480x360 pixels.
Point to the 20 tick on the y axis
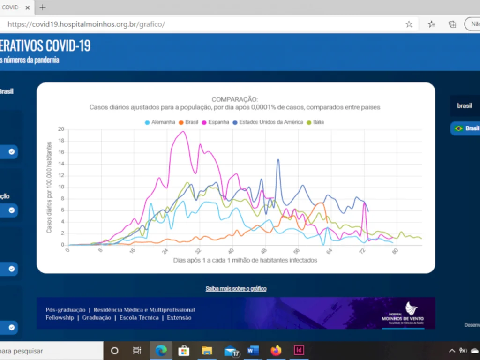[61, 129]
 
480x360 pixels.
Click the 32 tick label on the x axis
[198, 251]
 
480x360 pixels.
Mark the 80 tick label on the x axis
[396, 251]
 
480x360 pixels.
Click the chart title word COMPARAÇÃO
[235, 99]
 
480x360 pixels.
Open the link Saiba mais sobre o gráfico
[236, 289]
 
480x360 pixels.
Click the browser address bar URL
[86, 24]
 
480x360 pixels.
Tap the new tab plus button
[43, 7]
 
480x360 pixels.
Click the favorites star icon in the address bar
[409, 24]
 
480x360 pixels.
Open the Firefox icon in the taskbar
[276, 351]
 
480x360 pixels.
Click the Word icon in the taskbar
[253, 351]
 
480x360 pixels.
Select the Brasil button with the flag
[466, 128]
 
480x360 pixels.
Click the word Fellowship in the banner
[60, 318]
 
